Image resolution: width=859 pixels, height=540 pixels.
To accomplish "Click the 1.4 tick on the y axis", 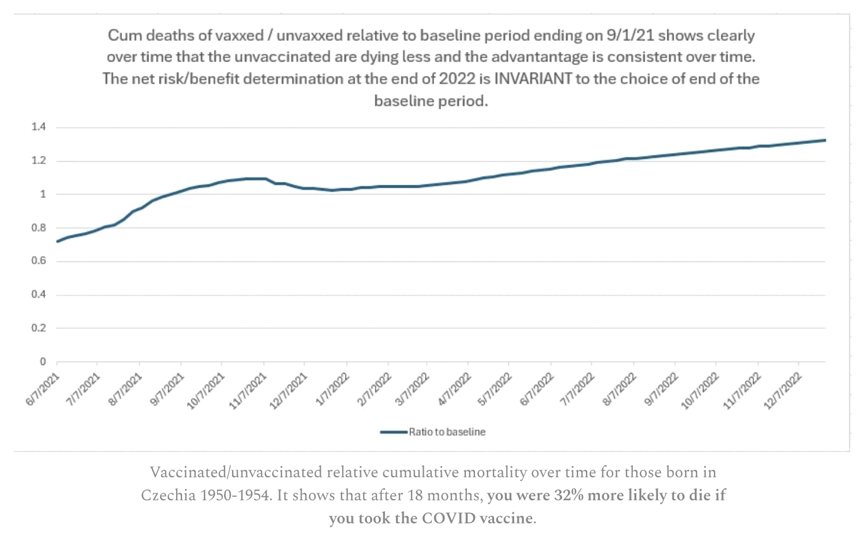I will pyautogui.click(x=39, y=127).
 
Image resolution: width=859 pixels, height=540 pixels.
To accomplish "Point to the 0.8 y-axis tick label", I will pyautogui.click(x=39, y=228).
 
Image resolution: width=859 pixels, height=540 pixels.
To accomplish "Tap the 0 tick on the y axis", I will pyautogui.click(x=43, y=362).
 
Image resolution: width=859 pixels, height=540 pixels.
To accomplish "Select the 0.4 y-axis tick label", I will pyautogui.click(x=39, y=295).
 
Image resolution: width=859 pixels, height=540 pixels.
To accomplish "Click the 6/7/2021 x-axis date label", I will pyautogui.click(x=43, y=389).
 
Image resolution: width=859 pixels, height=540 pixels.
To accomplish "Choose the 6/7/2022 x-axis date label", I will pyautogui.click(x=537, y=389).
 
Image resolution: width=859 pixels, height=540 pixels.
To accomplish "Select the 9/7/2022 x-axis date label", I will pyautogui.click(x=660, y=389).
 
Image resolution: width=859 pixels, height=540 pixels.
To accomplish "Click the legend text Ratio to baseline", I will pyautogui.click(x=447, y=432).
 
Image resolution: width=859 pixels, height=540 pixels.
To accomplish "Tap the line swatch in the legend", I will pyautogui.click(x=394, y=432).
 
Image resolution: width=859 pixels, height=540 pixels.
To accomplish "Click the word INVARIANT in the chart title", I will pyautogui.click(x=533, y=79).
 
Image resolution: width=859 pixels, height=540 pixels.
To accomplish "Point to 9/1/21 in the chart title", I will pyautogui.click(x=630, y=35).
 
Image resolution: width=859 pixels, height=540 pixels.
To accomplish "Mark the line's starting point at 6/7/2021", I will pyautogui.click(x=57, y=241).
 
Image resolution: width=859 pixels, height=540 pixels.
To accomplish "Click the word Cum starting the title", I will pyautogui.click(x=124, y=35).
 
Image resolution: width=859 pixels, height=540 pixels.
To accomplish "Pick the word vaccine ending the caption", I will pyautogui.click(x=505, y=518).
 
